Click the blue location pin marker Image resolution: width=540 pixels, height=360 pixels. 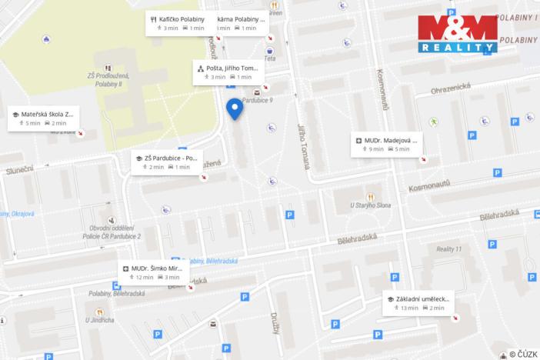click(x=235, y=108)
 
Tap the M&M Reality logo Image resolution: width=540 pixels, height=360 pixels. click(x=458, y=33)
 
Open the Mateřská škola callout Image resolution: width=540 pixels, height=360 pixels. click(x=44, y=118)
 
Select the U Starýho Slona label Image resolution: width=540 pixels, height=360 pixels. click(x=372, y=205)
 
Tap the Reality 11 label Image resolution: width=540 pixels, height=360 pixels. click(x=448, y=249)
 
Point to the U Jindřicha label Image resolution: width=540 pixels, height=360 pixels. click(x=100, y=320)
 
